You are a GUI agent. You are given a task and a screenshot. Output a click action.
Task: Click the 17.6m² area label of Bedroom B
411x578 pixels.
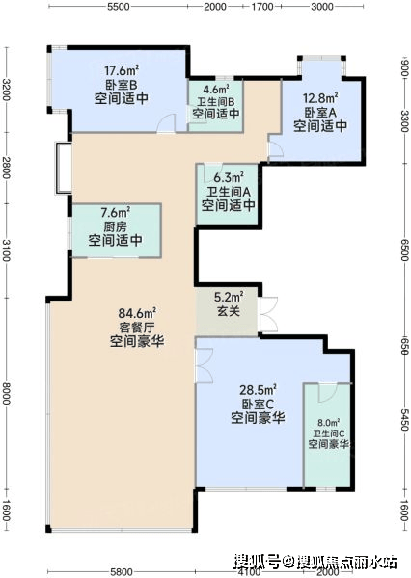[122, 69]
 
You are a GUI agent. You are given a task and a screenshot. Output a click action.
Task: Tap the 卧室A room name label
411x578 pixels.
[320, 112]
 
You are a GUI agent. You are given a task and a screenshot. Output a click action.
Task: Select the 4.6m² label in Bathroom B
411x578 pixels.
[216, 90]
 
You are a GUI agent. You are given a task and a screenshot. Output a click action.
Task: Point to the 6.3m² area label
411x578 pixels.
[229, 177]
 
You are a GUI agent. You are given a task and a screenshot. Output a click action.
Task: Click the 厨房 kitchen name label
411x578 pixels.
[115, 226]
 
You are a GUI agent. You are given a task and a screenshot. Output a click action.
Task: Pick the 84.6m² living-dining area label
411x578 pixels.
[137, 313]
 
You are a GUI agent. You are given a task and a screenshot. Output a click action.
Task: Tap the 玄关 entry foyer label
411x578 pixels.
[229, 311]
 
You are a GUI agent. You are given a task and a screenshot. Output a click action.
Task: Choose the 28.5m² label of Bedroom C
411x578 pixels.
[259, 389]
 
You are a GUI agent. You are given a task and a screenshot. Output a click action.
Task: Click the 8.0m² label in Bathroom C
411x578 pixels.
[329, 422]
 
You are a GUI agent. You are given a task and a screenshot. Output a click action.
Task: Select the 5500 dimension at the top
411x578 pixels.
[118, 7]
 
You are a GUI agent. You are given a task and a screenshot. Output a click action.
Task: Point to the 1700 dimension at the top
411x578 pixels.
[261, 7]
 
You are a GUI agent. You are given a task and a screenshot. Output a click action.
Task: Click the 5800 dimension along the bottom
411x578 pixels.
[122, 572]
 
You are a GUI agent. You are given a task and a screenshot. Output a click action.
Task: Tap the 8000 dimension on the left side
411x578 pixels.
[7, 394]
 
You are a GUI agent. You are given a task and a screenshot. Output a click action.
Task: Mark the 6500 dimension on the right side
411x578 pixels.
[404, 250]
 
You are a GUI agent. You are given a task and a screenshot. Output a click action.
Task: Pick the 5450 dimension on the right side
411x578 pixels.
[404, 419]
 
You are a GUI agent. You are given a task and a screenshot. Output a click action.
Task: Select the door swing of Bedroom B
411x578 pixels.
[165, 123]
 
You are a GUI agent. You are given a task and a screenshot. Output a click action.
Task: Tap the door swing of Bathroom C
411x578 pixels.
[328, 393]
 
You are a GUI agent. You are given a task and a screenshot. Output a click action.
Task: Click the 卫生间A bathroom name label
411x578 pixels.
[229, 192]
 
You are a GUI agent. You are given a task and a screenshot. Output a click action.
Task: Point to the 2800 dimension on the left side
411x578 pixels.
[7, 168]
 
